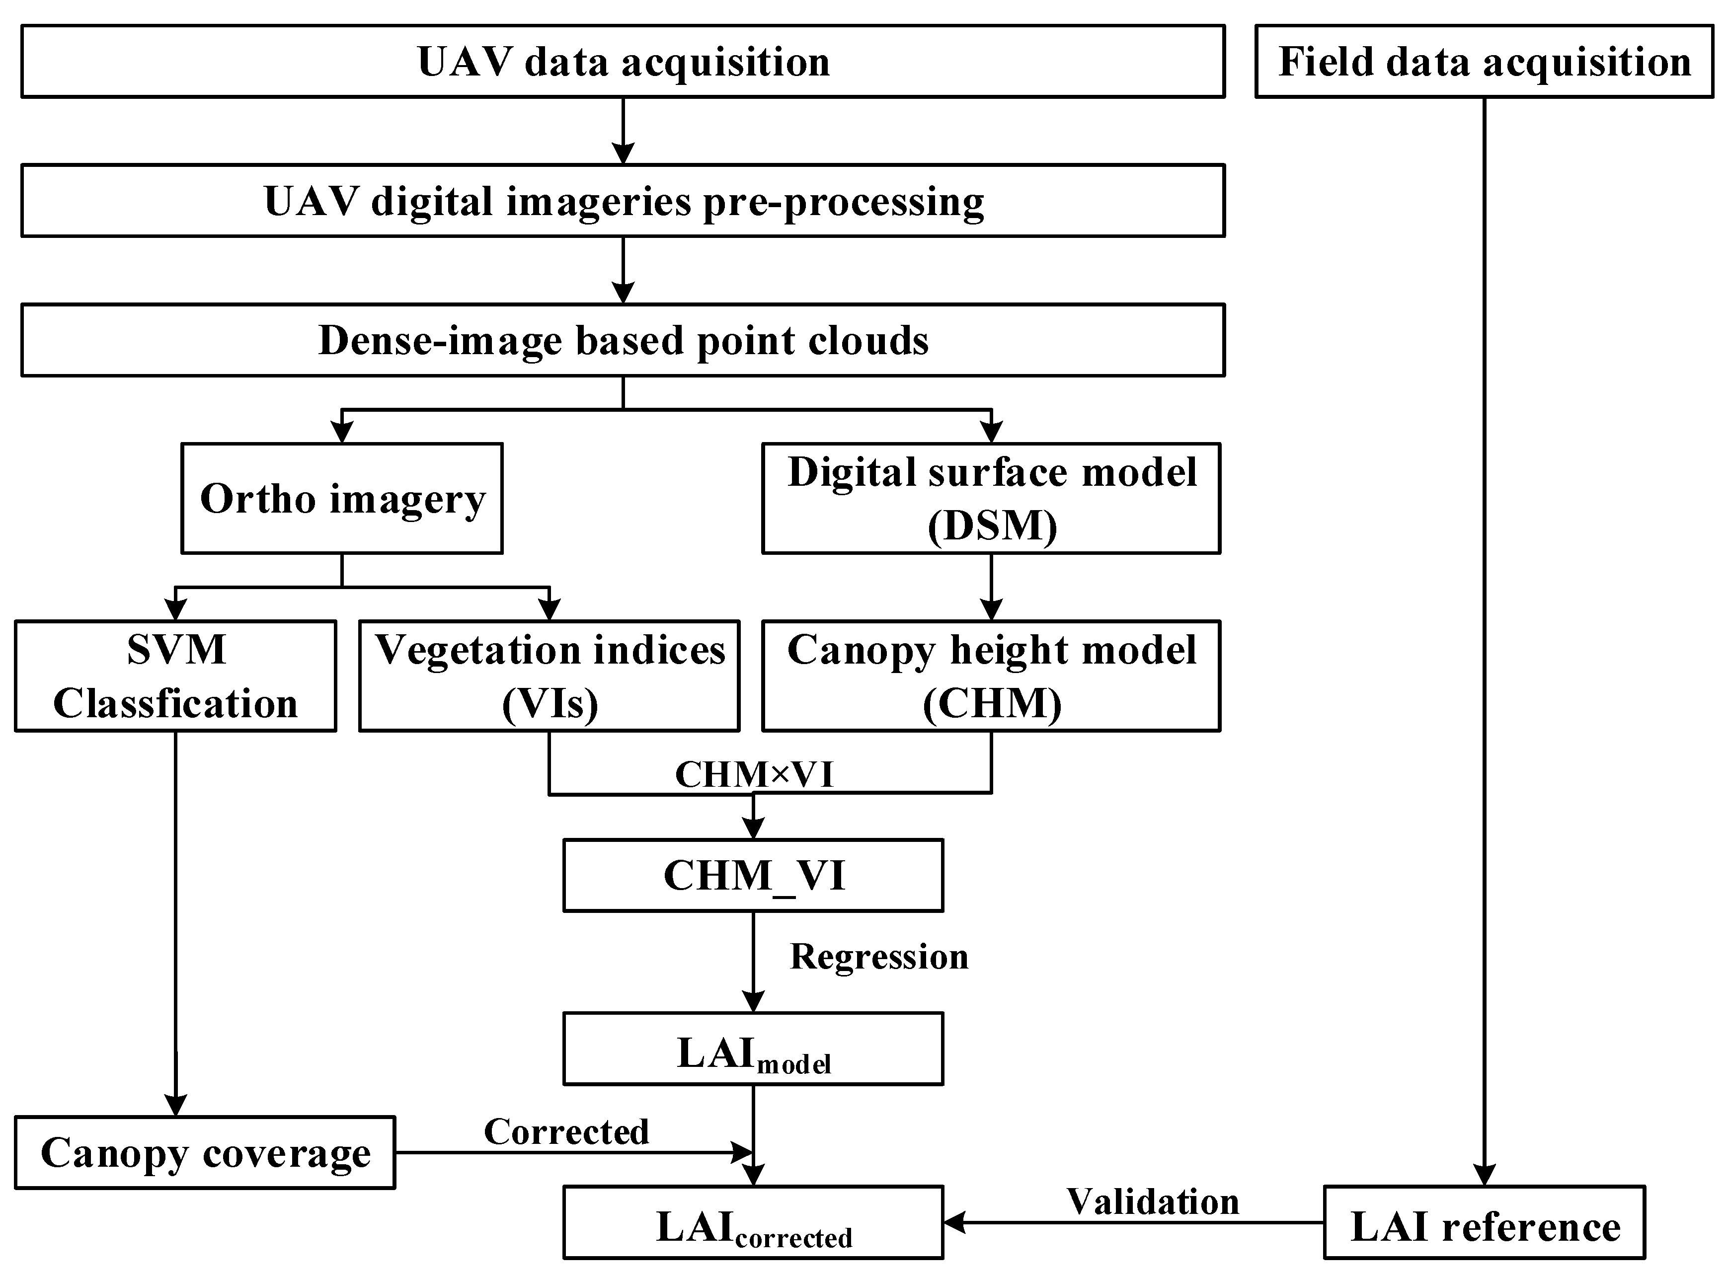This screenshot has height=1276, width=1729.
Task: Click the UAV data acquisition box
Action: pyautogui.click(x=623, y=61)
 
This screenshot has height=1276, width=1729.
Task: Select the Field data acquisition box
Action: pyautogui.click(x=1484, y=61)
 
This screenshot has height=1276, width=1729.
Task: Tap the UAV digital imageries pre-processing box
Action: pyautogui.click(x=623, y=200)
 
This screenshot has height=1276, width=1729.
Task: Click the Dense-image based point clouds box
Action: pyautogui.click(x=623, y=340)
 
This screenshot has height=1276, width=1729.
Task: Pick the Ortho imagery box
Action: pyautogui.click(x=342, y=498)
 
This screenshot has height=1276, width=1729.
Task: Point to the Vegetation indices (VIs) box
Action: pyautogui.click(x=550, y=676)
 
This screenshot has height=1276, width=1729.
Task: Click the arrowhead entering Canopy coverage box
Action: pyautogui.click(x=176, y=1105)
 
